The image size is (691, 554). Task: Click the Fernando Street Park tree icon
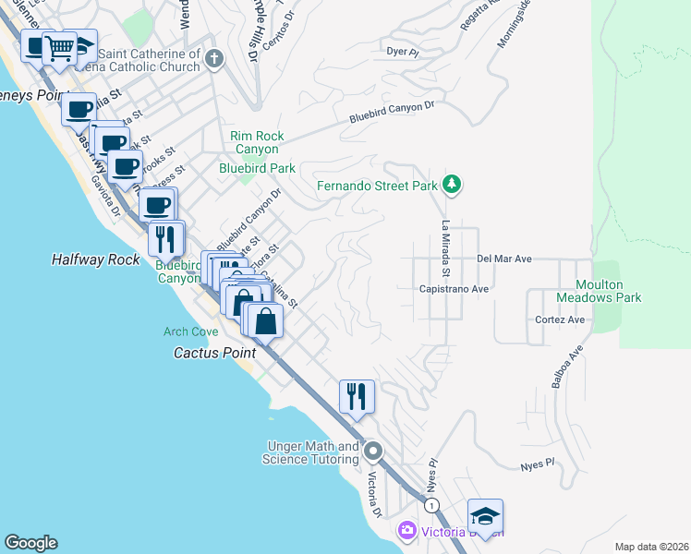(x=451, y=185)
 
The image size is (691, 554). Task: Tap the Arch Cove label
(x=191, y=331)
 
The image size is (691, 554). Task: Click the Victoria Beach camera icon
(x=406, y=532)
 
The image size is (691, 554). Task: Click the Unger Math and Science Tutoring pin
(x=373, y=452)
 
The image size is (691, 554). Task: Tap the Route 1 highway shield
(x=430, y=505)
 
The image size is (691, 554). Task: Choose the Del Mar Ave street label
(x=504, y=259)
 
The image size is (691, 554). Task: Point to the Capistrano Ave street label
(x=455, y=288)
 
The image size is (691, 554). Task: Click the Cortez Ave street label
(x=560, y=319)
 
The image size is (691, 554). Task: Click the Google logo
(x=30, y=543)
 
